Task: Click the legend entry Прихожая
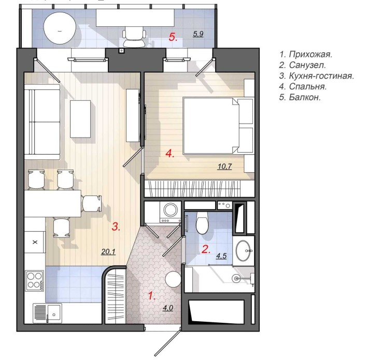pos(306,54)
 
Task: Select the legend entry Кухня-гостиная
pos(316,76)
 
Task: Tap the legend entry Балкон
pos(300,97)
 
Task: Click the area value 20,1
pos(108,251)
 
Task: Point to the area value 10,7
pos(224,167)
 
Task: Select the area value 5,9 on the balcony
pos(198,34)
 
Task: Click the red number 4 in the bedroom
pos(169,154)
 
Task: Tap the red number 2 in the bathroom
pos(206,249)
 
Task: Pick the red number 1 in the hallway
pos(151,296)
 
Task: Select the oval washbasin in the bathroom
pos(243,251)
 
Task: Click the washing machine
pos(170,212)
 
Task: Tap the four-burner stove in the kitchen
pos(35,280)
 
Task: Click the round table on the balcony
pos(60,29)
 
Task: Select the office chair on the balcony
pos(134,37)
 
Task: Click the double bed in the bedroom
pos(218,126)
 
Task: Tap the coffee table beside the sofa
pos(80,119)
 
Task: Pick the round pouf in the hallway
pos(173,279)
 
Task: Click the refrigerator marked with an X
pos(35,242)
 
